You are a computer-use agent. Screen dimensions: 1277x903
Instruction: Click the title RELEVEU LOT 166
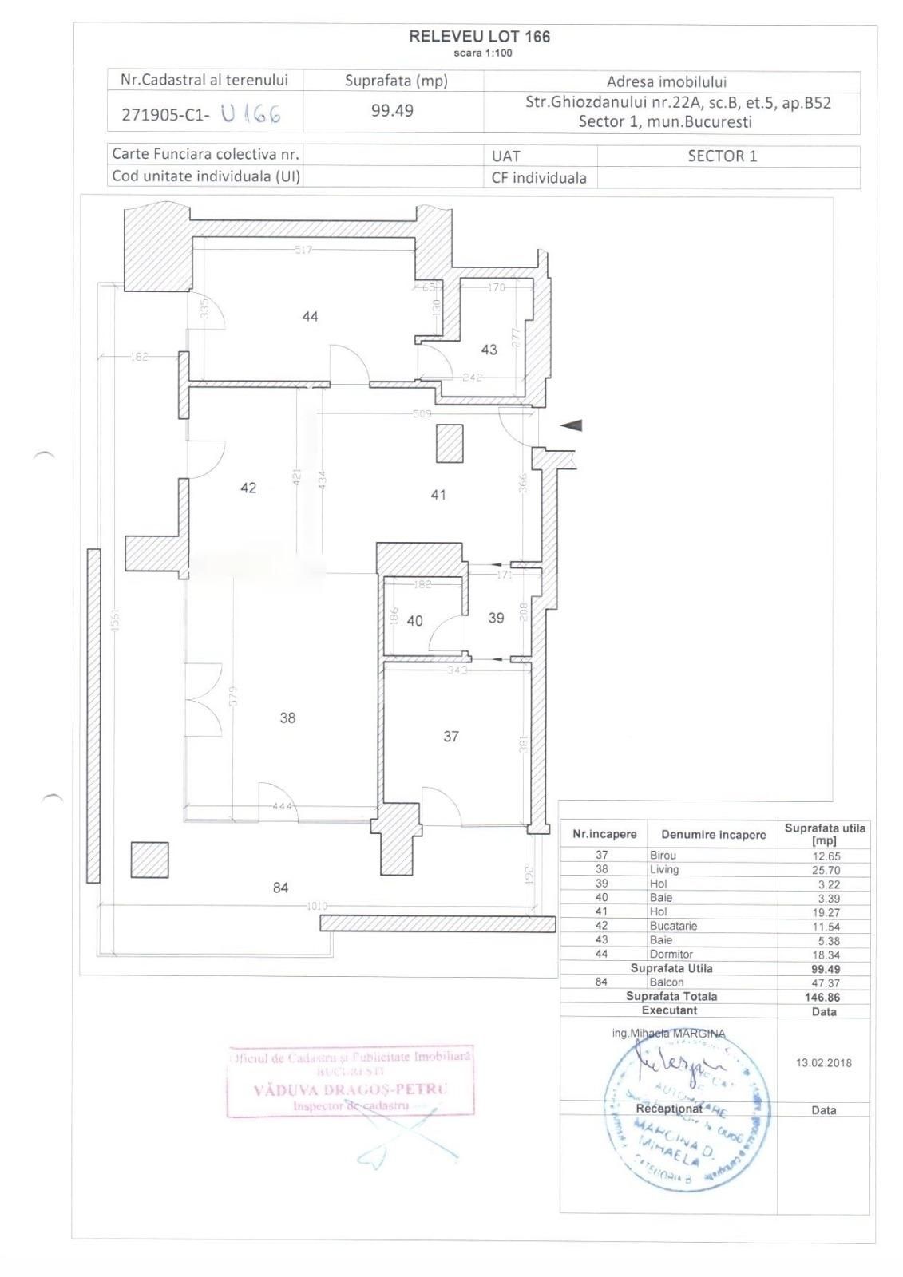click(x=479, y=37)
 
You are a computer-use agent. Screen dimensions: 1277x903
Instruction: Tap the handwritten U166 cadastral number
click(x=251, y=113)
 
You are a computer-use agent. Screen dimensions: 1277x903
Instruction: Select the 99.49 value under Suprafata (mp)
click(x=392, y=111)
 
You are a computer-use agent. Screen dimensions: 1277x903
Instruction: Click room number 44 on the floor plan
click(x=310, y=317)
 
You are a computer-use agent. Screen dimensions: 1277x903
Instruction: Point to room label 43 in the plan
click(x=489, y=350)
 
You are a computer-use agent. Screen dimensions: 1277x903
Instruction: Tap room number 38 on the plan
click(x=287, y=718)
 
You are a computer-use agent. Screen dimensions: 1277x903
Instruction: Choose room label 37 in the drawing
click(x=451, y=737)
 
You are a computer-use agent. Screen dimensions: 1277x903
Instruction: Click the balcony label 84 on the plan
click(x=280, y=888)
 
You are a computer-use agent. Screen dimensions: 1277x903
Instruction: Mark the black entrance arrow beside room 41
click(x=571, y=425)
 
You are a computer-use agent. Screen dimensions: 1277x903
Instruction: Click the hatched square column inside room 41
click(x=450, y=444)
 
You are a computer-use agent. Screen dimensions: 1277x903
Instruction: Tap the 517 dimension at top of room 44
click(x=303, y=250)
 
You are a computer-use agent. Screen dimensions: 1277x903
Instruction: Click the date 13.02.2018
click(x=823, y=1063)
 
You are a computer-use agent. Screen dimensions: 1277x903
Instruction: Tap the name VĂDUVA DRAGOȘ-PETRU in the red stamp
click(x=351, y=1089)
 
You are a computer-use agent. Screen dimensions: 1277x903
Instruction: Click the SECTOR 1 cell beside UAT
click(x=722, y=156)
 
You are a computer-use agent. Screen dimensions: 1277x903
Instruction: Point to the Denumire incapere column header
click(x=713, y=835)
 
